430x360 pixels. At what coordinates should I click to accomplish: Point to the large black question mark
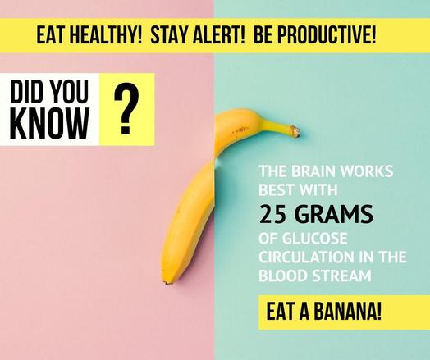pyautogui.click(x=126, y=110)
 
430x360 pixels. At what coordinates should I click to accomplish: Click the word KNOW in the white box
pyautogui.click(x=50, y=123)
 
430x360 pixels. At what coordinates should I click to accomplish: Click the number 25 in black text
pyautogui.click(x=273, y=214)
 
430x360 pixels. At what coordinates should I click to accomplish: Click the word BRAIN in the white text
pyautogui.click(x=313, y=171)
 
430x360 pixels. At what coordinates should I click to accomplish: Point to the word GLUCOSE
pyautogui.click(x=315, y=239)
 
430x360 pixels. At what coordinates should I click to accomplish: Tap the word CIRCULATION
pyautogui.click(x=306, y=257)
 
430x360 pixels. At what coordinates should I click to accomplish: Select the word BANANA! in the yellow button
pyautogui.click(x=347, y=312)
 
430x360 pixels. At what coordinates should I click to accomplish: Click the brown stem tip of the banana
pyautogui.click(x=295, y=131)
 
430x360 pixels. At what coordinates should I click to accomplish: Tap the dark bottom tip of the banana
pyautogui.click(x=166, y=283)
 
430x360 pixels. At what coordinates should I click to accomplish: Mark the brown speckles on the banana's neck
pyautogui.click(x=240, y=130)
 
